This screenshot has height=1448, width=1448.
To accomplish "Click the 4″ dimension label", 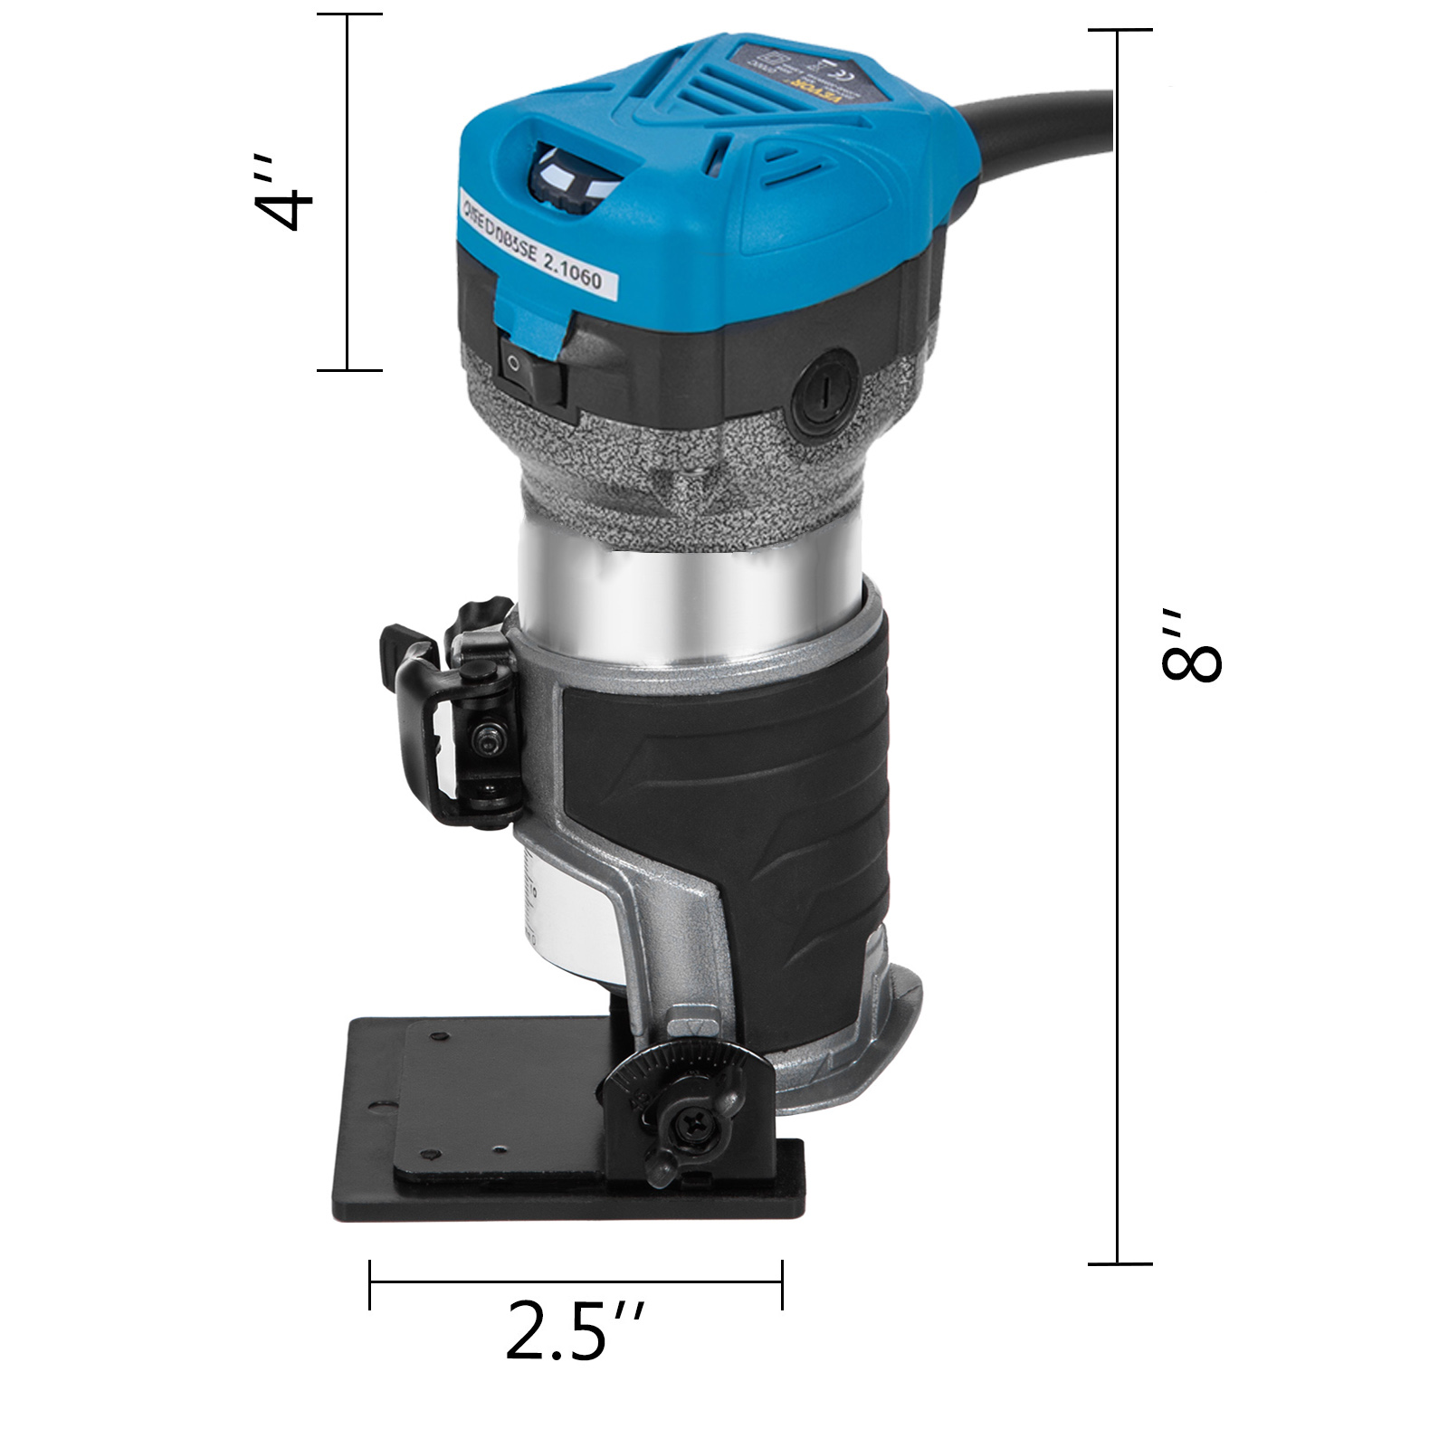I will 283,193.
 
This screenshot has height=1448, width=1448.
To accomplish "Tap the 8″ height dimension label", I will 1192,644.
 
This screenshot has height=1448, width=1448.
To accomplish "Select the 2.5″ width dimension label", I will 574,1329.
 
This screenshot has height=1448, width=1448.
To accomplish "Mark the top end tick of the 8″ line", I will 1119,31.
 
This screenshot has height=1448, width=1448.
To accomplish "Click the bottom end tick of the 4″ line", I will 348,369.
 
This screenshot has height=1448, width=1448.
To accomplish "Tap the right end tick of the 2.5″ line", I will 781,1283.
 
